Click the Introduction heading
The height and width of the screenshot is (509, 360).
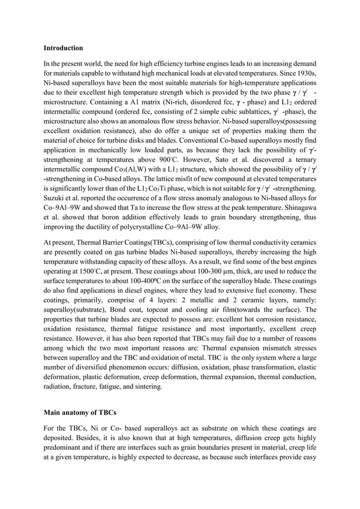(x=63, y=48)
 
